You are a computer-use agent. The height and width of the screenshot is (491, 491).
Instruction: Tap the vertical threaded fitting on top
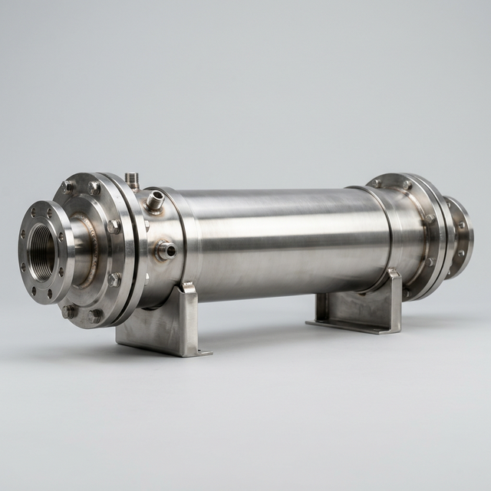tap(133, 180)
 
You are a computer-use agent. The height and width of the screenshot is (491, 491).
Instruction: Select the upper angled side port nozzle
tap(155, 202)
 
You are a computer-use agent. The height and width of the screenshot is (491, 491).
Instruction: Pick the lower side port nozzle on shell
tap(165, 250)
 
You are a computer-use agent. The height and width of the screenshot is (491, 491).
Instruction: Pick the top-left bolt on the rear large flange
tap(377, 183)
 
